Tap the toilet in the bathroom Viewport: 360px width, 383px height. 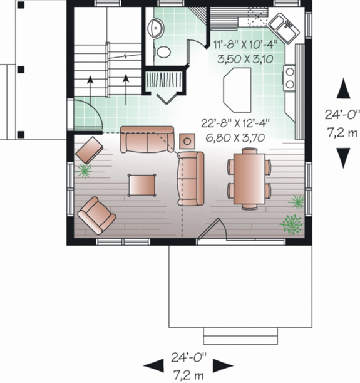pos(162,52)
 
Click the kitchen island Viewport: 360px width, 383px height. pos(237,87)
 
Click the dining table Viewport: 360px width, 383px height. pos(249,177)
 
